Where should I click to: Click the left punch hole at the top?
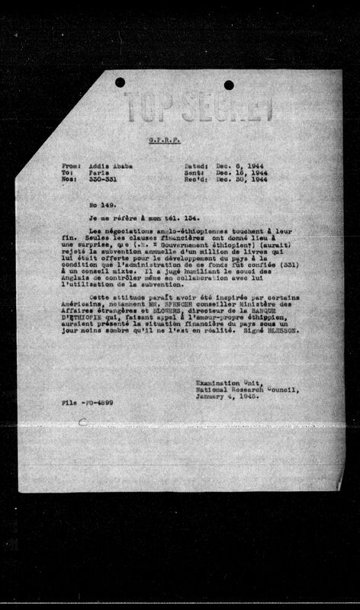pyautogui.click(x=120, y=82)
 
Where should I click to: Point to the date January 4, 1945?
pyautogui.click(x=224, y=396)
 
